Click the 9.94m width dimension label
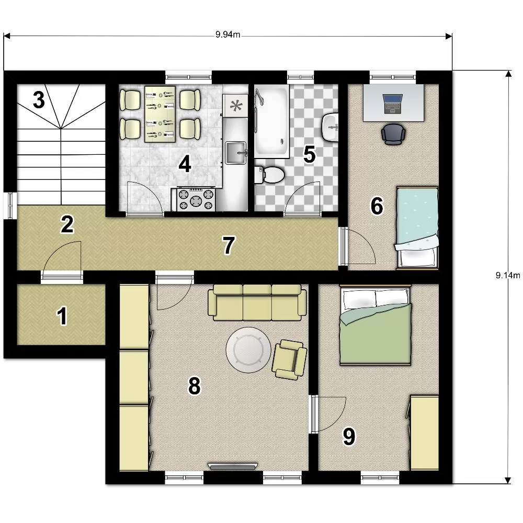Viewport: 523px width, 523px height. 228,35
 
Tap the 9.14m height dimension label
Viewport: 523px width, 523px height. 508,275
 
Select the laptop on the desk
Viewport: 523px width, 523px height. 393,104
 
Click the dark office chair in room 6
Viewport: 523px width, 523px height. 393,134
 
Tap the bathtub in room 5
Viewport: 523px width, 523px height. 271,121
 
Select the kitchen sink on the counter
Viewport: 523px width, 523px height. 236,153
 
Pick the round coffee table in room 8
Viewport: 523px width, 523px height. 248,350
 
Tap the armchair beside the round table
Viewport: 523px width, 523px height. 290,360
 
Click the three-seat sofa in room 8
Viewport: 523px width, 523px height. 257,302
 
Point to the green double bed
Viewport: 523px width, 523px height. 376,325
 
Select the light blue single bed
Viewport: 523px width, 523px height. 417,228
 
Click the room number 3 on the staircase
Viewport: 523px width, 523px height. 39,100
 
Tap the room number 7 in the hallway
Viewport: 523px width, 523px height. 229,245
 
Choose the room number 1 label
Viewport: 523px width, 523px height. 62,316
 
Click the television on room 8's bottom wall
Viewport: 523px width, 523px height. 233,466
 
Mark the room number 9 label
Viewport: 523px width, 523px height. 349,437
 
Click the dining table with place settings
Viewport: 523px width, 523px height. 160,114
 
